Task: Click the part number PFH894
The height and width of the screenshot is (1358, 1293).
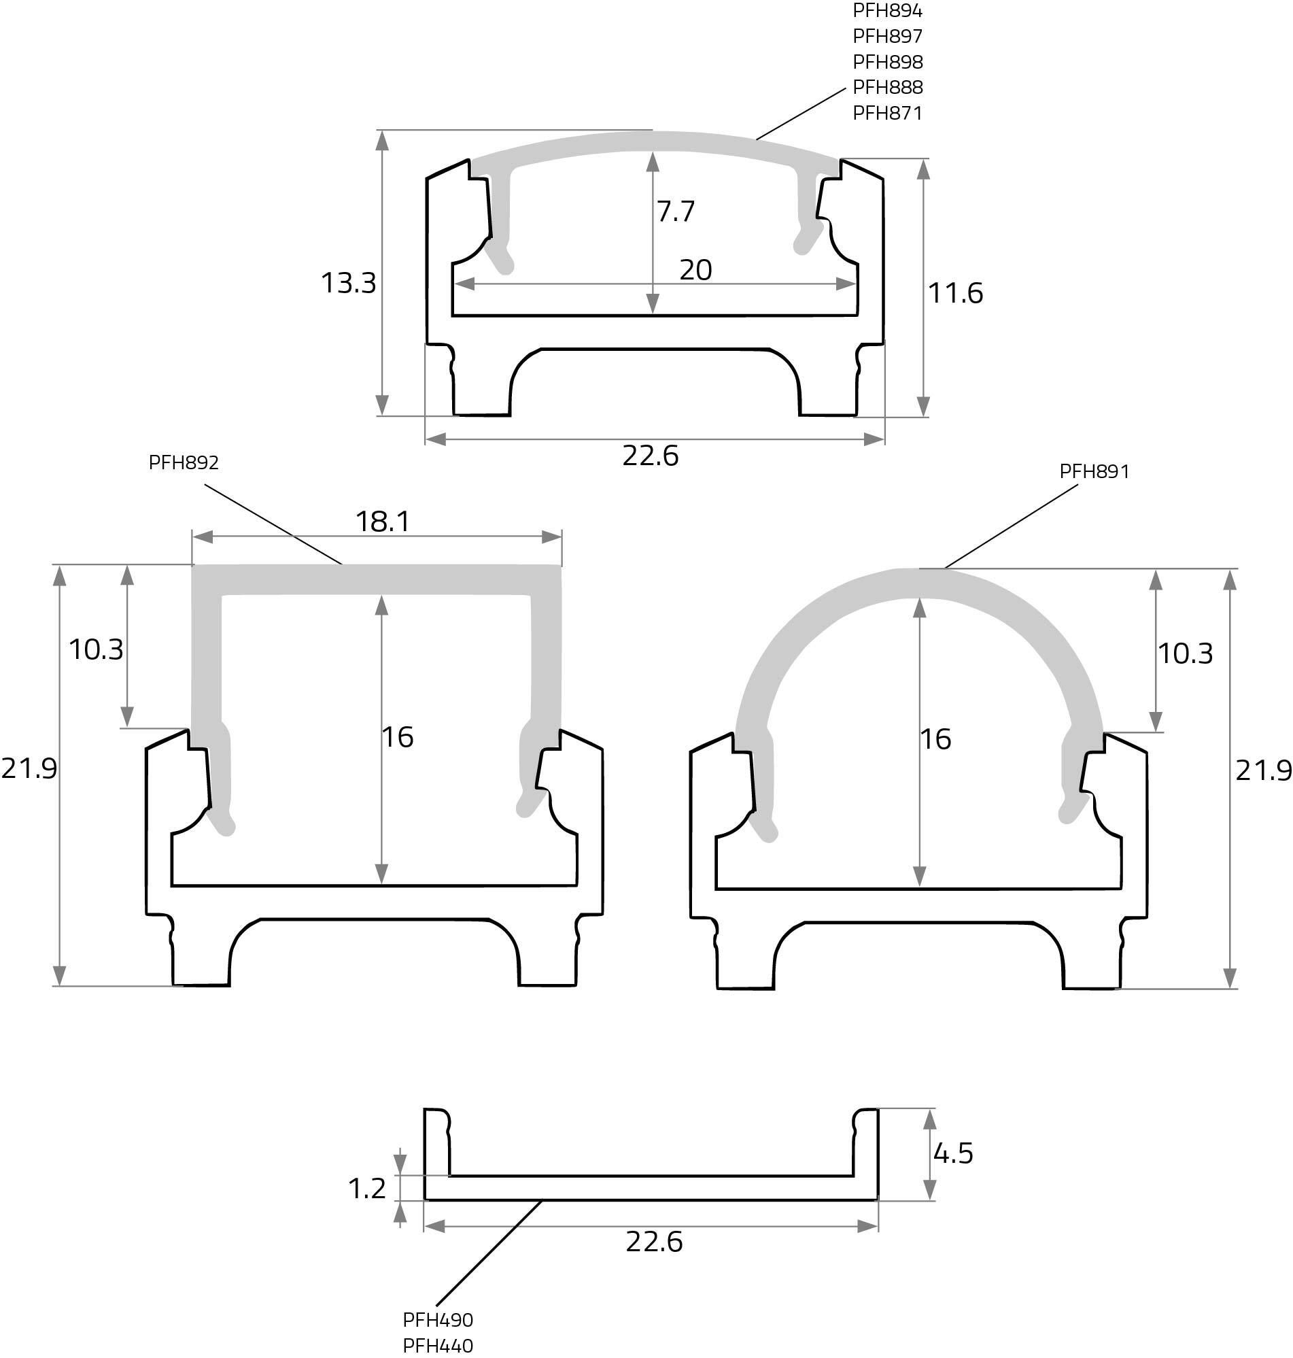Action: pos(887,10)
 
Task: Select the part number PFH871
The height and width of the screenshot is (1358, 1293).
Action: pos(887,112)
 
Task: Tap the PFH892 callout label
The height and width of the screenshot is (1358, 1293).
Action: pos(184,462)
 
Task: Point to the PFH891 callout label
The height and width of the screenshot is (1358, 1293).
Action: pos(1094,471)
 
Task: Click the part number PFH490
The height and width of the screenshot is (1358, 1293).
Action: pos(438,1319)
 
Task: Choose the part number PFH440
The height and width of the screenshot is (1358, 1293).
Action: pos(438,1345)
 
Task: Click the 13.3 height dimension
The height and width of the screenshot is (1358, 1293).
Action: pos(348,283)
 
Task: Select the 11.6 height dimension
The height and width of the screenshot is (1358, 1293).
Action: pos(955,293)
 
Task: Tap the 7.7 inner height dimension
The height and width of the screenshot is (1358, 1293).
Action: pos(676,211)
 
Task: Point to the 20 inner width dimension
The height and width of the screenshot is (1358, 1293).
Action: pos(695,269)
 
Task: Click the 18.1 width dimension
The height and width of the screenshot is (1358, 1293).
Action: pos(383,521)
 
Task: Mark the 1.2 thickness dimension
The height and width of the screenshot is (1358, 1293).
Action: pos(366,1188)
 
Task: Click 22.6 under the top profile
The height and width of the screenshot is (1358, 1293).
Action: pos(650,456)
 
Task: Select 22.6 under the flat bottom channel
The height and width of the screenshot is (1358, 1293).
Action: pos(653,1242)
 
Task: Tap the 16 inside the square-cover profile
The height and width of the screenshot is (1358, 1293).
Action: pos(398,737)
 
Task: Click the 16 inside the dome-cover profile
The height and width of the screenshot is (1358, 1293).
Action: pos(935,739)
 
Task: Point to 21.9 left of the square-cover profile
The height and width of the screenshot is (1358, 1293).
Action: pos(29,768)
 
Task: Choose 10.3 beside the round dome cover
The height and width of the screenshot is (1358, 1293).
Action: pos(1185,653)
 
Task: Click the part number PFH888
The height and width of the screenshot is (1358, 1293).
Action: pos(887,87)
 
